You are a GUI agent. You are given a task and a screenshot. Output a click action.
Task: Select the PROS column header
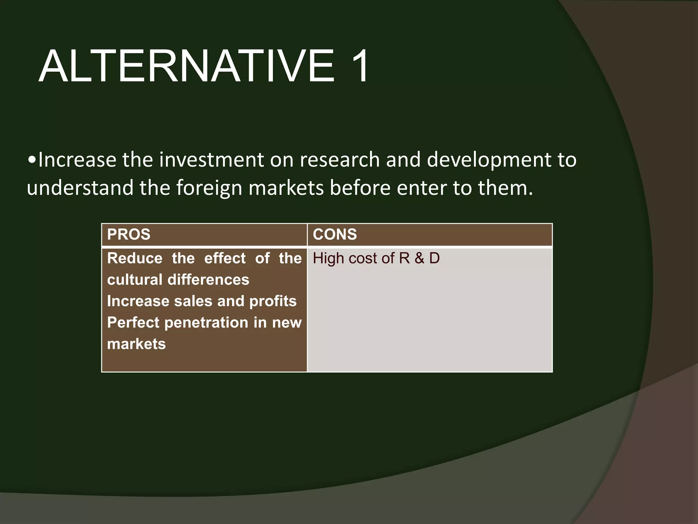coord(129,235)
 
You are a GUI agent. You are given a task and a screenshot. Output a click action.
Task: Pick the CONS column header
coord(335,235)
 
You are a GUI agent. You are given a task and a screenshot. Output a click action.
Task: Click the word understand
coord(80,188)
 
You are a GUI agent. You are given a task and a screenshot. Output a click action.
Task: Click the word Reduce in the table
coord(135,258)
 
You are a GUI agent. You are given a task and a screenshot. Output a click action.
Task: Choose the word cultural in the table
coord(135,280)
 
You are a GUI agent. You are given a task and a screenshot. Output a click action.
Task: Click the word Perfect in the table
coord(133,323)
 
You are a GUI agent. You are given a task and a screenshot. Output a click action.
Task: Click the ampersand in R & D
coord(419,258)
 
